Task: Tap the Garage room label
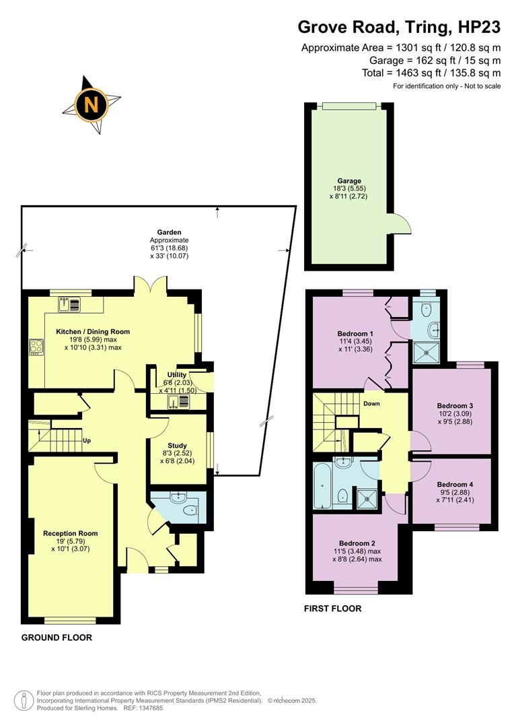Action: tap(349, 181)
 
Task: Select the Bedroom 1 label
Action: tap(355, 334)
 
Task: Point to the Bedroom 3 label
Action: tap(455, 406)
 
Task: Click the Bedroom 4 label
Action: tap(455, 485)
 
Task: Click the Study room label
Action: tap(177, 446)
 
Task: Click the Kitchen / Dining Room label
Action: tap(93, 332)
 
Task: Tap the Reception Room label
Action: tap(70, 533)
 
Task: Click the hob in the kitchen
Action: tap(36, 347)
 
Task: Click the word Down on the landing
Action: tap(371, 404)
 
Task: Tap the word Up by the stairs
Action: tap(87, 442)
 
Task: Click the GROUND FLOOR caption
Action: tap(57, 637)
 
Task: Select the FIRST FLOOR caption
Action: tap(333, 609)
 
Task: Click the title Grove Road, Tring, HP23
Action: tap(399, 27)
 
